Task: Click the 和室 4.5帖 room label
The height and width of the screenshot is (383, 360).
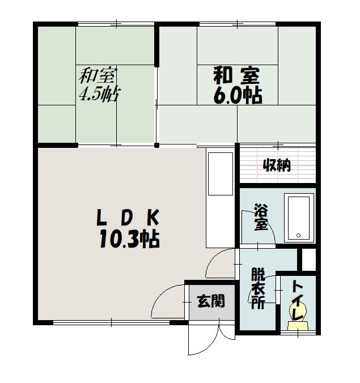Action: coord(99,85)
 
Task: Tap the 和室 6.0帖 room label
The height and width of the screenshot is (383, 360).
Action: coord(238,86)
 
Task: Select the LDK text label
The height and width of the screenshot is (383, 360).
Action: coord(128,218)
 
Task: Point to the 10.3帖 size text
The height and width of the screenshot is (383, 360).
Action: coord(129,239)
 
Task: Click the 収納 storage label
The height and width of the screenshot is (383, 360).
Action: coord(277,165)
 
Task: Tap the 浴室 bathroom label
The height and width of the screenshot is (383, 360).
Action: coord(261,216)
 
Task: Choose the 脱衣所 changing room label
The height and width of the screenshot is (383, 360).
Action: coord(258,288)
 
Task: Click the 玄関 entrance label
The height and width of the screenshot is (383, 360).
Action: coord(211,301)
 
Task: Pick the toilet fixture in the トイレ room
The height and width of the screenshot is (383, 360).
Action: coord(298,316)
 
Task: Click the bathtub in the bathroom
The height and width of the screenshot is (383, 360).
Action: coord(299,218)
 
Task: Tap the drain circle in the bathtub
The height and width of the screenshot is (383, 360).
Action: coord(298,236)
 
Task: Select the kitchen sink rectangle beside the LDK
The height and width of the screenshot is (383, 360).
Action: coord(220,174)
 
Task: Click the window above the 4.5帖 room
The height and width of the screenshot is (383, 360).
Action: coord(116,24)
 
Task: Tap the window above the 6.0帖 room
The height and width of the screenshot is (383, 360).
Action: coord(238,24)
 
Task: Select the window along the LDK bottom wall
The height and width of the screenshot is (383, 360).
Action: coord(112,323)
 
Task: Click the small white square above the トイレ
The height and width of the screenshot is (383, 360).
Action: coord(309,259)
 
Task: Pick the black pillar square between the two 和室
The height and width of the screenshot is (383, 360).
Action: coord(157,146)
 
